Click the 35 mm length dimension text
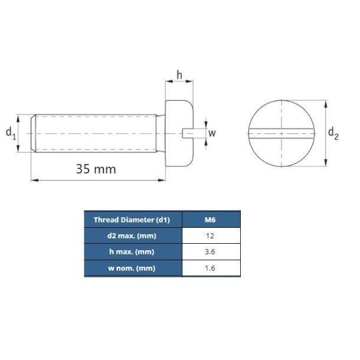96,169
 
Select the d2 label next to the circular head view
333,134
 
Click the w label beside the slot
212,133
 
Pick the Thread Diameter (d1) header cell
132,220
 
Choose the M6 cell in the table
210,220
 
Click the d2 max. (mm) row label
132,235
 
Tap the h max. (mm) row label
132,252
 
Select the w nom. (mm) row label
132,269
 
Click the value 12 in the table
210,235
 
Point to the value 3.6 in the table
210,252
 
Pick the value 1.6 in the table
210,269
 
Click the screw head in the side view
175,134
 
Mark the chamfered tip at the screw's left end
34,134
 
